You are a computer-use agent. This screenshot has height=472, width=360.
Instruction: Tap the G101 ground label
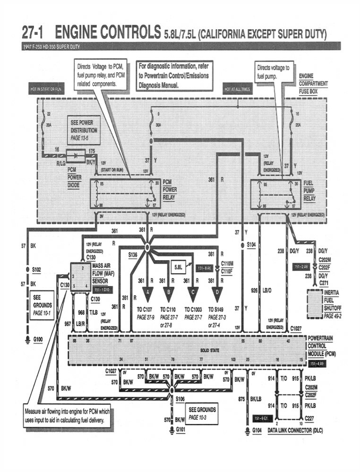pyautogui.click(x=181, y=430)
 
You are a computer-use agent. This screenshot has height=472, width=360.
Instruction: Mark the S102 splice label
pyautogui.click(x=36, y=270)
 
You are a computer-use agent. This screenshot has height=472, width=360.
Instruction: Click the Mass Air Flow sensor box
pyautogui.click(x=80, y=277)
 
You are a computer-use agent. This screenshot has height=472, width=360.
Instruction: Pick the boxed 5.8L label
pyautogui.click(x=178, y=266)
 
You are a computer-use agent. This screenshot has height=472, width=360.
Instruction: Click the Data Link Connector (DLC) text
pyautogui.click(x=295, y=430)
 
